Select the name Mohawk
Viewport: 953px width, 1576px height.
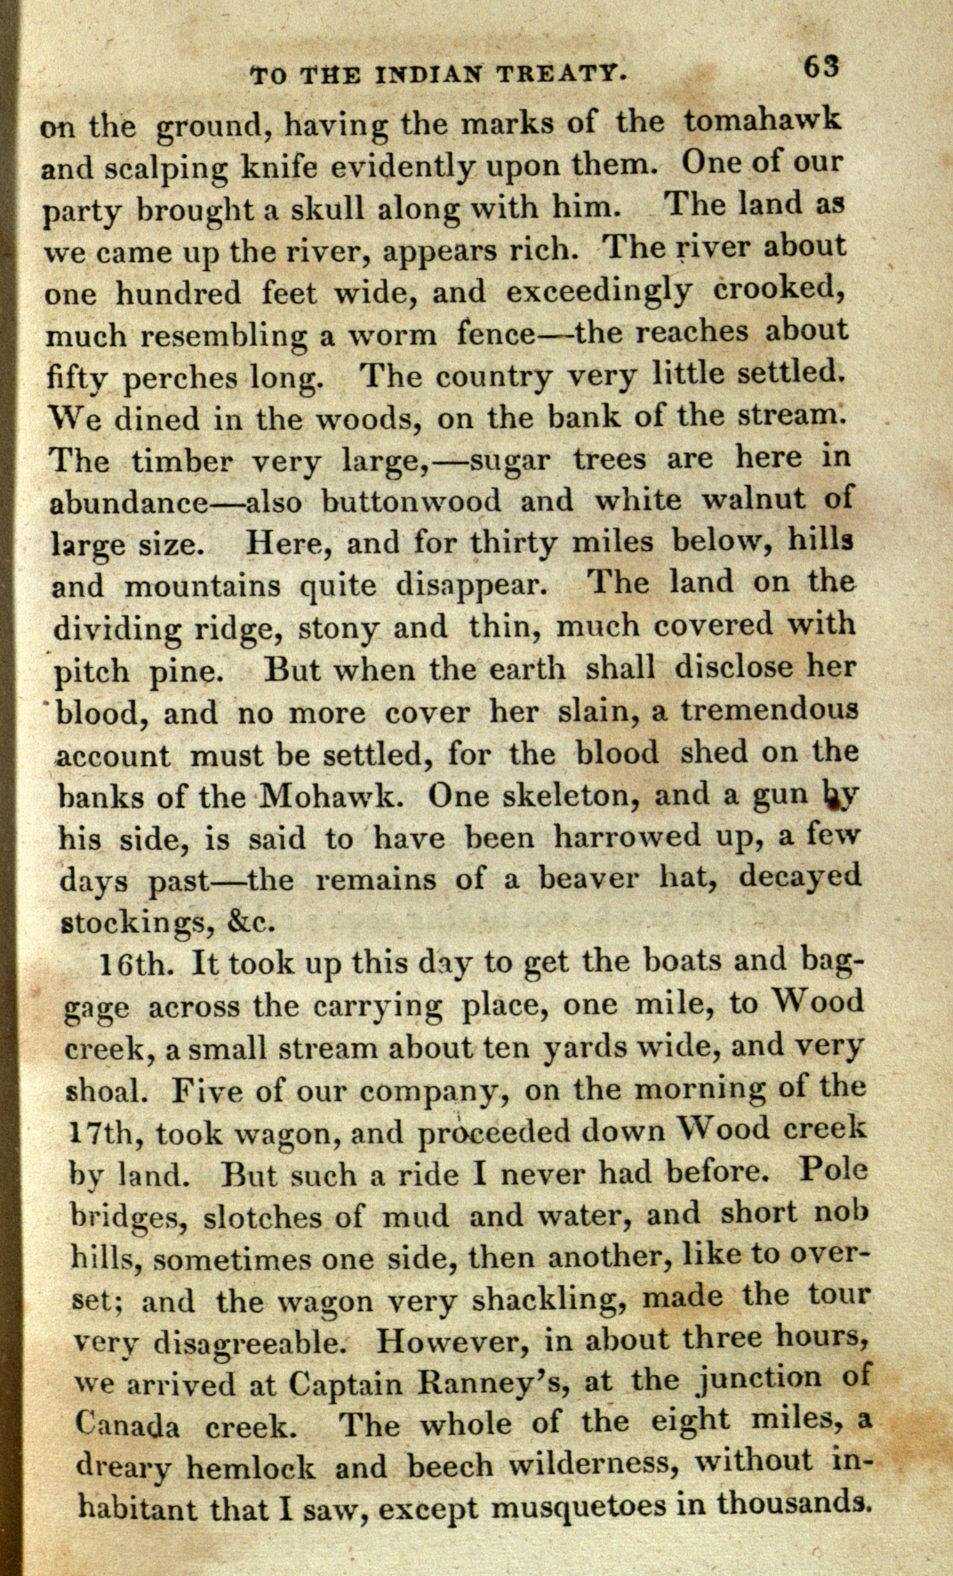click(x=332, y=796)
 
